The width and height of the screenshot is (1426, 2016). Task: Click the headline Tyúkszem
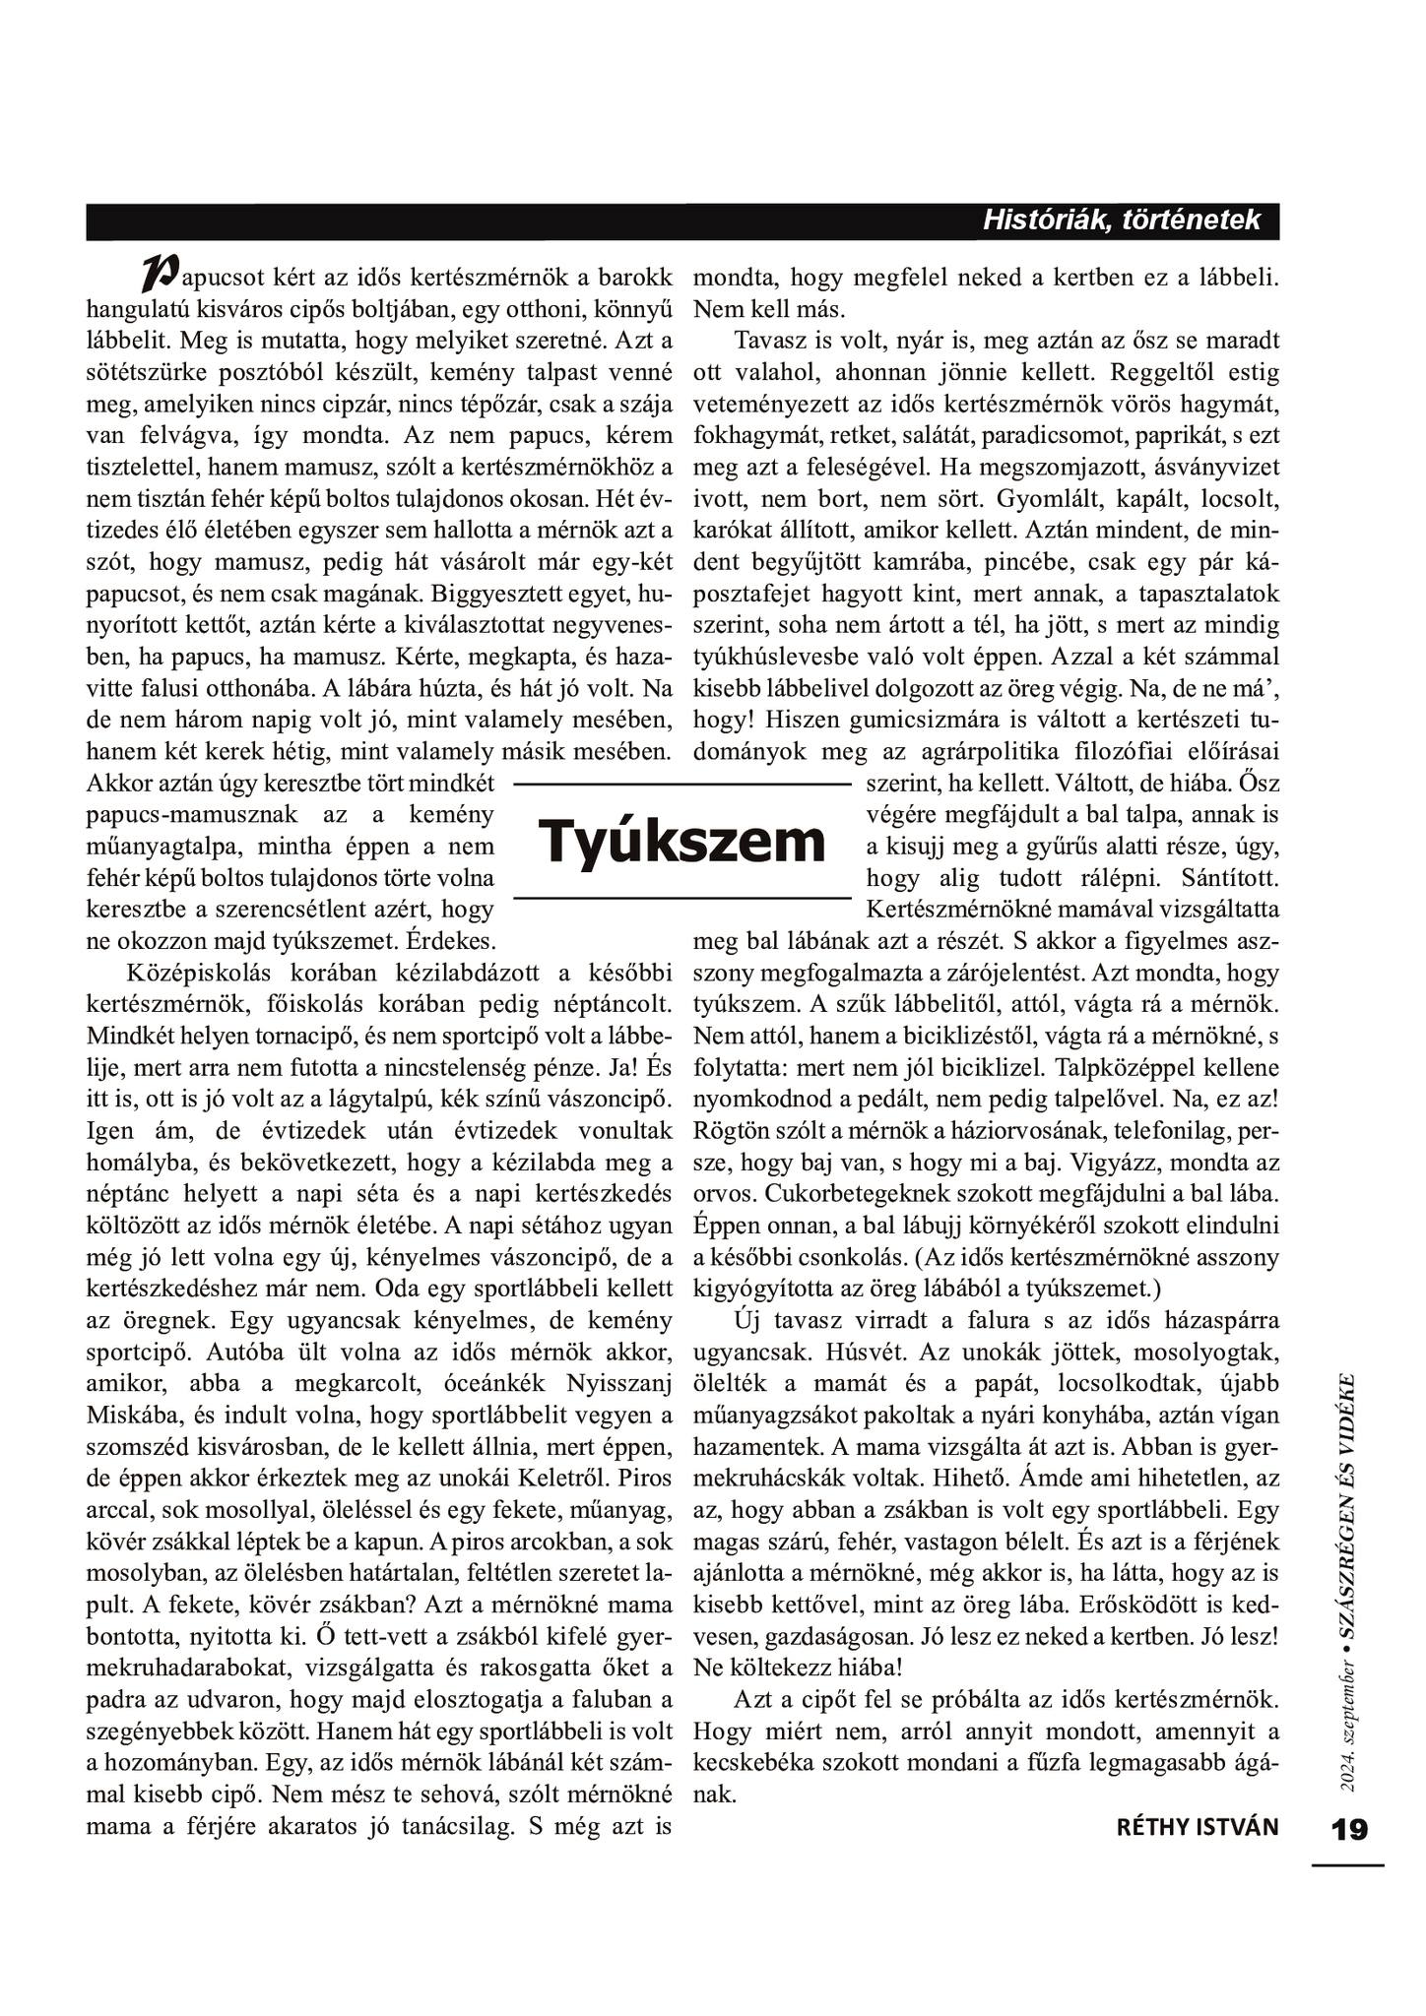tap(681, 841)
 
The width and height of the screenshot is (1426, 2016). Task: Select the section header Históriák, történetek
tap(1121, 220)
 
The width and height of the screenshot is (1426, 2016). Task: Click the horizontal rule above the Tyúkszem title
tap(681, 785)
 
